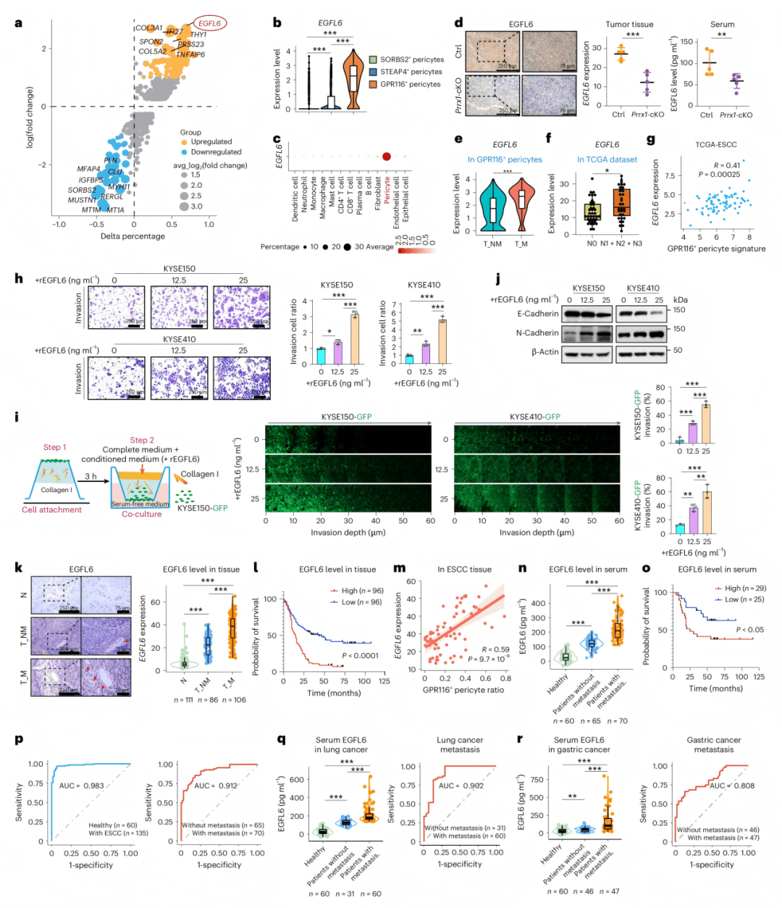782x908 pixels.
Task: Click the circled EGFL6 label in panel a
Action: click(209, 24)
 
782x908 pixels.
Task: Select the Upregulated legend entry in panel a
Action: click(211, 142)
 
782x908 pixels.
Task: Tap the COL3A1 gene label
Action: click(148, 28)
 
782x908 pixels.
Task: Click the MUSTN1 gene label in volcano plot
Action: click(82, 200)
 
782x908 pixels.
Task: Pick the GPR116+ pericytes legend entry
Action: click(410, 84)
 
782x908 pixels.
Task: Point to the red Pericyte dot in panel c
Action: click(387, 156)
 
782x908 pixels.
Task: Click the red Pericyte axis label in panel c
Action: click(387, 191)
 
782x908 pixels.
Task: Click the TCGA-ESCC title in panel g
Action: click(716, 144)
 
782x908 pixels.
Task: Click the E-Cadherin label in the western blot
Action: click(538, 314)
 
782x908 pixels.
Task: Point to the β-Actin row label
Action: click(545, 351)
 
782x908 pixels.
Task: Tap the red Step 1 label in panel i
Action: click(54, 447)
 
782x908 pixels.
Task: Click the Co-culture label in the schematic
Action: click(141, 514)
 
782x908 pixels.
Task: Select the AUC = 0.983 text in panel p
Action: click(81, 786)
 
